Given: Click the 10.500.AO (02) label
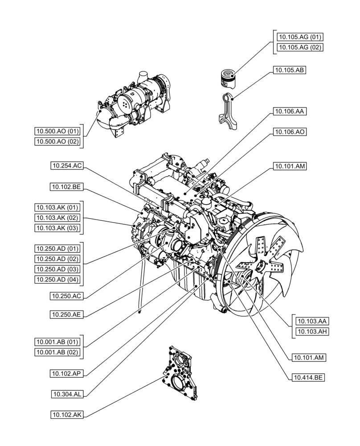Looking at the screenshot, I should (57, 141).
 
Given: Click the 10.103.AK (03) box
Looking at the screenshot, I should (57, 228).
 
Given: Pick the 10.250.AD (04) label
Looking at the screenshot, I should (57, 280).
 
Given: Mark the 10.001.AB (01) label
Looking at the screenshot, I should (57, 342).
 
